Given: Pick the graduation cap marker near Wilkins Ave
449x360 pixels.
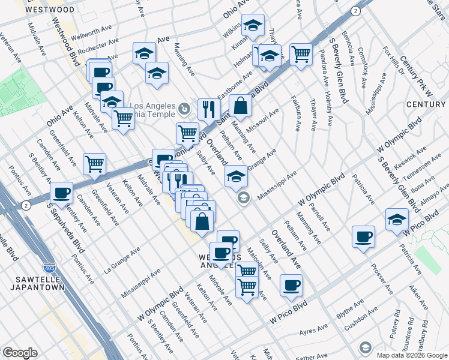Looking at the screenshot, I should (253, 25).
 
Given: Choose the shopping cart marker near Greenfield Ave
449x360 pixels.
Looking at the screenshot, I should (94, 163).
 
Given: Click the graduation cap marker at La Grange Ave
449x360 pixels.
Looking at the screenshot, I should (236, 176).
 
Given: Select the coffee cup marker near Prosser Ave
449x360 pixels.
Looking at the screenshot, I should (363, 236).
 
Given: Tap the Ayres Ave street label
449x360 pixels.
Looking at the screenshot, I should (314, 330).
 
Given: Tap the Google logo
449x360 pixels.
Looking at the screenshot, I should (19, 353).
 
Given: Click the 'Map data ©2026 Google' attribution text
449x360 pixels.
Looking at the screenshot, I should (412, 355).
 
